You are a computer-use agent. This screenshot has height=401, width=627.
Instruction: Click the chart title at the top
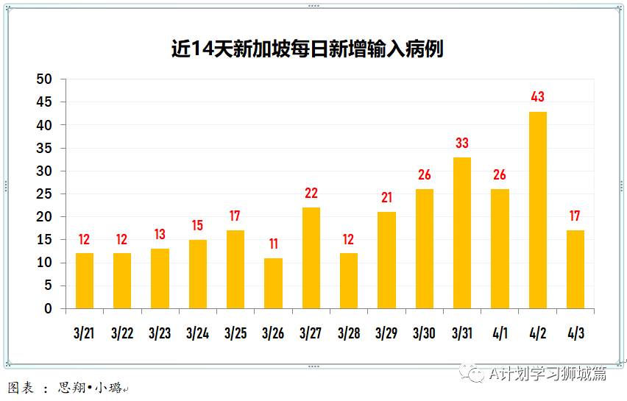[x=307, y=49]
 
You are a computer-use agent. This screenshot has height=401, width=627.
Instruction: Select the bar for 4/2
[x=538, y=210]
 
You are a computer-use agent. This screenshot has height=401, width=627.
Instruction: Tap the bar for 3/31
[x=462, y=233]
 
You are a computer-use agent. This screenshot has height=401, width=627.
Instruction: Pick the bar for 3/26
[x=273, y=283]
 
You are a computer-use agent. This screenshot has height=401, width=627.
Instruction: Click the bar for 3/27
[x=311, y=258]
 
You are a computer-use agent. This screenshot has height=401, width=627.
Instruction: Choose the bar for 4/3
[x=575, y=269]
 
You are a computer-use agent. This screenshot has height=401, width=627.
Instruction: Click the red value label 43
[x=538, y=97]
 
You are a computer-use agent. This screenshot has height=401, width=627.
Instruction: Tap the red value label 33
[x=462, y=143]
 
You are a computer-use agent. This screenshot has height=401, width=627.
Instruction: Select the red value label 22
[x=311, y=194]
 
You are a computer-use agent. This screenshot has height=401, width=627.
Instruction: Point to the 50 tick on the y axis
[x=45, y=79]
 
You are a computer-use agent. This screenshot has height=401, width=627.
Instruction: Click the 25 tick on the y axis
[x=45, y=194]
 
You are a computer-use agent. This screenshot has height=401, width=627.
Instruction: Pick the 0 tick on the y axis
[x=49, y=309]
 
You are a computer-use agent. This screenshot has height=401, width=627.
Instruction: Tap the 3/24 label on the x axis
[x=197, y=333]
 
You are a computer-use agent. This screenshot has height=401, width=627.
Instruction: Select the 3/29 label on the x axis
[x=386, y=333]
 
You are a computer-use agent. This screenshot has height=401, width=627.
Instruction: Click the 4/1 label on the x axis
[x=500, y=333]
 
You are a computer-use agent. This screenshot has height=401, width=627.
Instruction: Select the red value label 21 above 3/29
[x=386, y=198]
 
